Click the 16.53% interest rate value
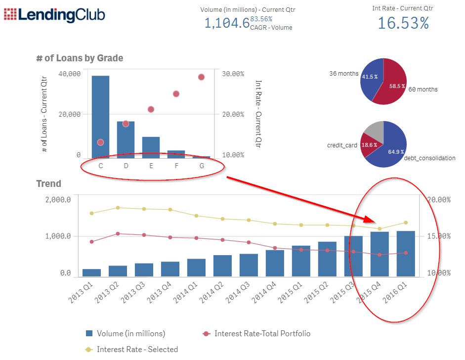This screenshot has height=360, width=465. pos(403,23)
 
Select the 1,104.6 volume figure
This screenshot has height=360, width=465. pos(227,23)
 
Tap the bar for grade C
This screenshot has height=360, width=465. pos(100,117)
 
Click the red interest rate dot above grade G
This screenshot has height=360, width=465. pos(201,77)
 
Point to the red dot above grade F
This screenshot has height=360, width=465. pos(176,94)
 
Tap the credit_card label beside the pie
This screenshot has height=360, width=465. pos(341,146)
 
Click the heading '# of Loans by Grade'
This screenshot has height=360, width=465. pos(80,58)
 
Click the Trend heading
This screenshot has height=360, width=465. pos(49,184)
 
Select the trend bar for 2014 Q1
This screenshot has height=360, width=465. pos(196,268)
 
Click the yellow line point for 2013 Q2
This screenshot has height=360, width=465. pos(118,208)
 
